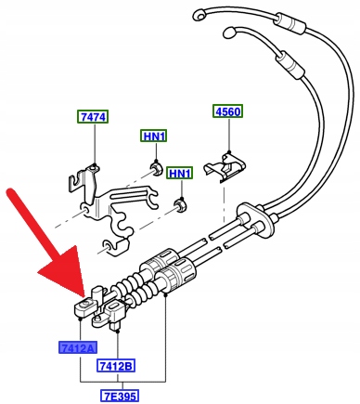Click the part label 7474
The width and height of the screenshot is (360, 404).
(x=93, y=117)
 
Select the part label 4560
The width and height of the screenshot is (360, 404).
(x=228, y=111)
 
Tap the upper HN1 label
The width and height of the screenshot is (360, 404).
(x=154, y=136)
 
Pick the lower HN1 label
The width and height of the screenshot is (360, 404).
(x=180, y=173)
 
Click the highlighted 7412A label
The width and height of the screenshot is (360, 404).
(x=78, y=348)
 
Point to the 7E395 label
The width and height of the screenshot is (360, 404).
(x=120, y=396)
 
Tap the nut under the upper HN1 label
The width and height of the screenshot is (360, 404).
(x=156, y=168)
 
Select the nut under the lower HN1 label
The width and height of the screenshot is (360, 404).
(x=181, y=205)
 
